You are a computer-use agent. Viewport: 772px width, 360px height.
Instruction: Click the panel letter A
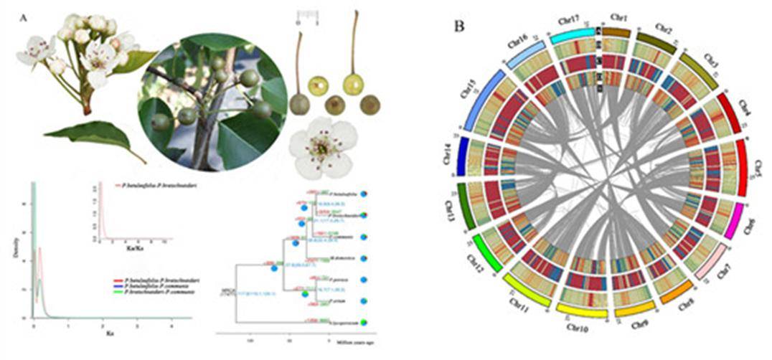tap(25, 18)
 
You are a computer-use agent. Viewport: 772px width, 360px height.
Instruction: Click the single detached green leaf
tap(93, 138)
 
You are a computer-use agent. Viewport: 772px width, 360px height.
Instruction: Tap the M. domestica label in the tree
tap(345, 257)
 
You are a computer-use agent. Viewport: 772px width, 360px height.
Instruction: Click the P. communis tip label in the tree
tap(345, 237)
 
